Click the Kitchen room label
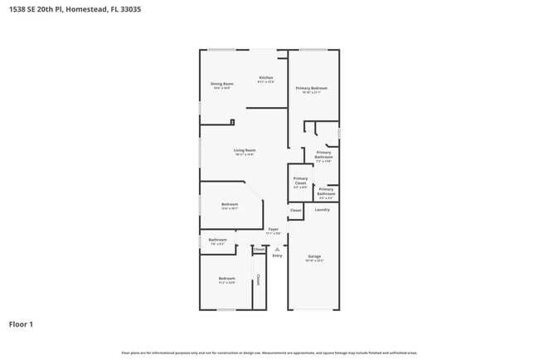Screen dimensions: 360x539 pyautogui.click(x=265, y=79)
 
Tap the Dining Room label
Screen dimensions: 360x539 pyautogui.click(x=221, y=85)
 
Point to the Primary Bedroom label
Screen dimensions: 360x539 pyautogui.click(x=312, y=89)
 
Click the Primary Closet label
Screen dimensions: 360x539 pyautogui.click(x=300, y=181)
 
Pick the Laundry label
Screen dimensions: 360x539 pyautogui.click(x=322, y=209)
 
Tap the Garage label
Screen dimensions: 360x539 pyautogui.click(x=314, y=257)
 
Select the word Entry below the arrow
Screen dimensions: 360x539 pyautogui.click(x=277, y=255)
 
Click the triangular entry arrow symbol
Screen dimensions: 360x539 pyautogui.click(x=277, y=249)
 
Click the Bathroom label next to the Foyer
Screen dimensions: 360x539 pyautogui.click(x=218, y=241)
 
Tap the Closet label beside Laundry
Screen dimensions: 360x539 pyautogui.click(x=295, y=211)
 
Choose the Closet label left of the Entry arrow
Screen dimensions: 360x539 pyautogui.click(x=259, y=250)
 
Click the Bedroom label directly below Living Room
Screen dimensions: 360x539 pyautogui.click(x=230, y=205)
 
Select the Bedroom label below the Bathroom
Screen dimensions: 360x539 pyautogui.click(x=226, y=279)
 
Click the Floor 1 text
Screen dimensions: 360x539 pyautogui.click(x=21, y=324)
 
